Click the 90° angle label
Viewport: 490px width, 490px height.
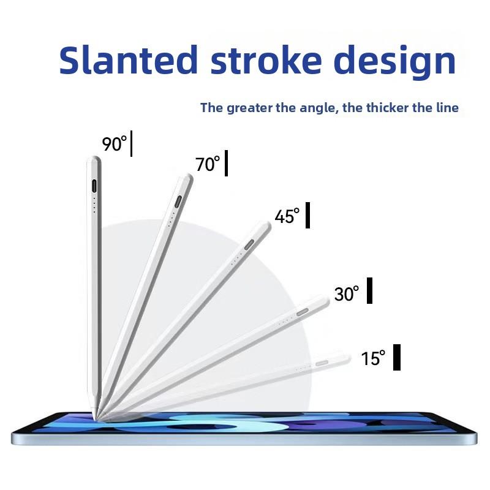115,144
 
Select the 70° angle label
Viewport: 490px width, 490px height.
208,164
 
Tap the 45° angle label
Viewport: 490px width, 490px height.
287,216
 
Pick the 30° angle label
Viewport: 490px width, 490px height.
347,293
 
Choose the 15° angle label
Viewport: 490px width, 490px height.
373,358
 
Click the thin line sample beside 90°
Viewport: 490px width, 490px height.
131,143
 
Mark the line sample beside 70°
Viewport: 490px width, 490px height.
226,163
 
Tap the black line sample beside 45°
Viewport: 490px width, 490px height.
307,216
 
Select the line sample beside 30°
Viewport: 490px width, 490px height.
369,290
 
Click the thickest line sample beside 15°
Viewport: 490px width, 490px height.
396,357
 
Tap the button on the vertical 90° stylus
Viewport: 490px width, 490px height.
94,186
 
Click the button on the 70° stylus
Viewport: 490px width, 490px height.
178,202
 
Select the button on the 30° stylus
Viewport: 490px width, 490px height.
302,312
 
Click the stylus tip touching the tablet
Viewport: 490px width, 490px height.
96,418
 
